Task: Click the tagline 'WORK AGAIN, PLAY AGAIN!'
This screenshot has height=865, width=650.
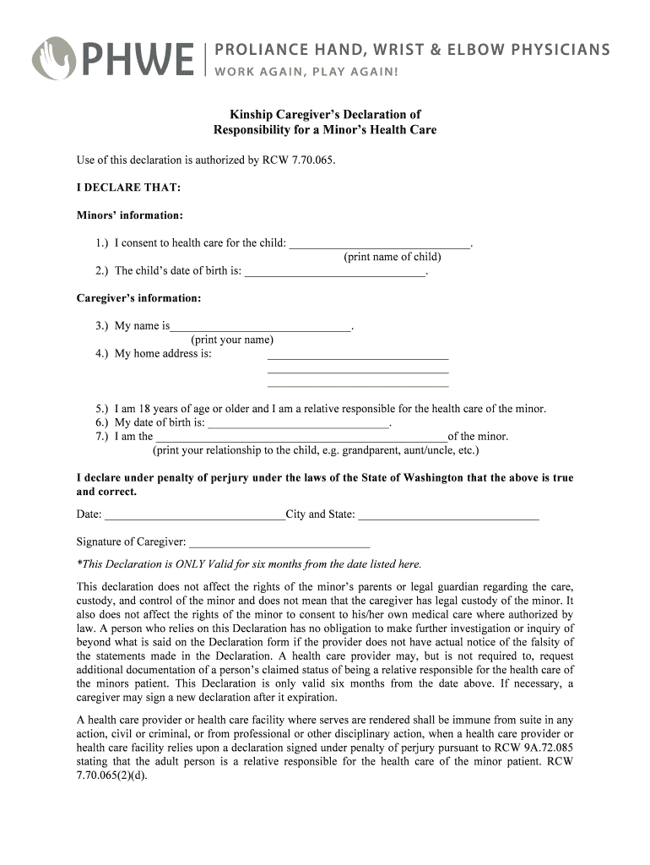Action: pos(306,70)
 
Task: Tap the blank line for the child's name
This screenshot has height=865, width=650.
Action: pos(380,246)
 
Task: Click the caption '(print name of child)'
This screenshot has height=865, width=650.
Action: pos(393,257)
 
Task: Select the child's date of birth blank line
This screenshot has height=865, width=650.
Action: pos(334,275)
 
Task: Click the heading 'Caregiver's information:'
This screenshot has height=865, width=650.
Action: pos(139,298)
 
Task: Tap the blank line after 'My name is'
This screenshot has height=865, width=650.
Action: pos(260,329)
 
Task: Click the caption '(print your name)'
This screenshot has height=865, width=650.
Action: pos(232,340)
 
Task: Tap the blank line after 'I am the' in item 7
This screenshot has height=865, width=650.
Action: pos(301,440)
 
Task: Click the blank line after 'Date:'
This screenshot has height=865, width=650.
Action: pos(194,517)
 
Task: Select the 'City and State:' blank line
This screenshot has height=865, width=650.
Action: pos(448,517)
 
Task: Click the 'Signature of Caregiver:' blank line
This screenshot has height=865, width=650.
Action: pos(279,546)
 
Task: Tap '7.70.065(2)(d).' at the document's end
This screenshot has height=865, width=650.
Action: pos(111,775)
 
